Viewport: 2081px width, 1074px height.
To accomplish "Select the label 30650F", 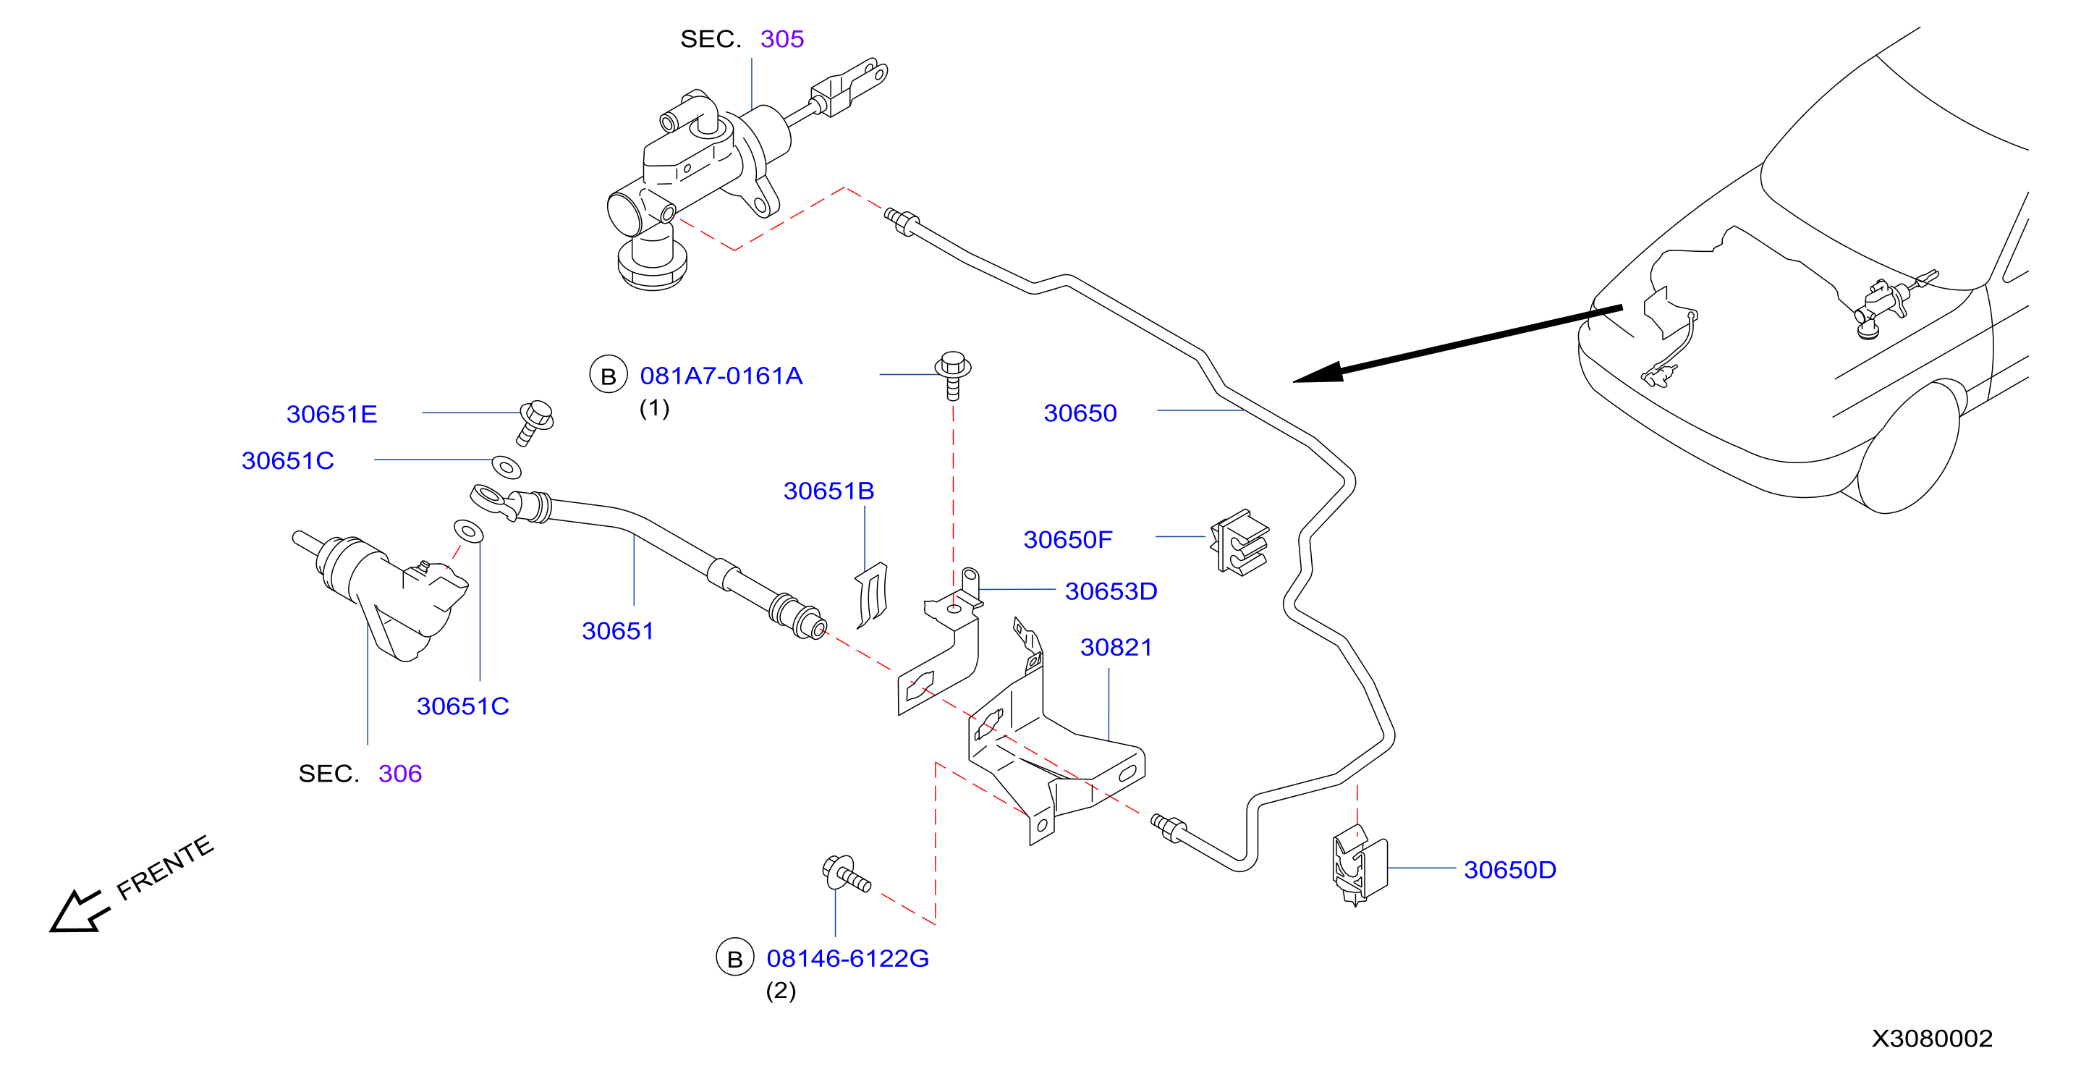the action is click(1067, 539).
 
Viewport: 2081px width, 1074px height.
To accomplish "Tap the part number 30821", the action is click(1116, 647).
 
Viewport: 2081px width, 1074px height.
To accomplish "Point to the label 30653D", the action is click(1111, 591).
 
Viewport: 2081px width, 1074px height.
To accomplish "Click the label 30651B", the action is click(828, 491).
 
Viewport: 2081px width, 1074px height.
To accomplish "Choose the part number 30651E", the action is click(332, 414).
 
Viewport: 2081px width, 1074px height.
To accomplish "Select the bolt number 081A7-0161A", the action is click(721, 376).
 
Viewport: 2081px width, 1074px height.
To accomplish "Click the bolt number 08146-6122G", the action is click(847, 958).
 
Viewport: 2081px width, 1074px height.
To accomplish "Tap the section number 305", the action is click(782, 39).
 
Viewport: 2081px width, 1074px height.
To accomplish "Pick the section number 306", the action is click(400, 774).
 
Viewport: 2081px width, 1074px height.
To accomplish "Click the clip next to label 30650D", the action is click(1359, 865).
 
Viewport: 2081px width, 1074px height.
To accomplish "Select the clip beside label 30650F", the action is click(1239, 541).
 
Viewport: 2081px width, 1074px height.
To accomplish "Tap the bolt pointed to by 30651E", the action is click(534, 421).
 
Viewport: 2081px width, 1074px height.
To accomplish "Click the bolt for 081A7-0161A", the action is click(952, 374).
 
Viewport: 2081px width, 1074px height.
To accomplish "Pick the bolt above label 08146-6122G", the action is click(845, 874).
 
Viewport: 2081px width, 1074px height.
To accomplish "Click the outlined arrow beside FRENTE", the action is click(79, 912).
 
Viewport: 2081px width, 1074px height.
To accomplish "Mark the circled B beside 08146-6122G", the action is click(734, 957).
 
